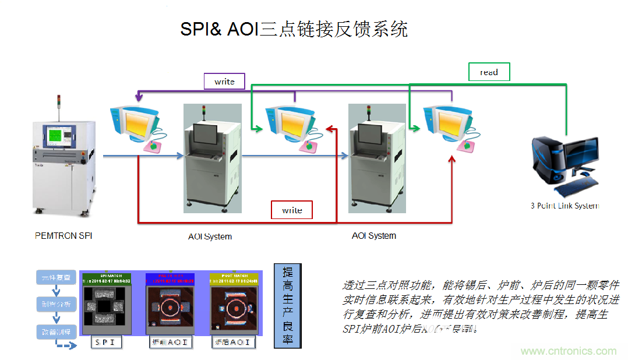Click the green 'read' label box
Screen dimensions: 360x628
tap(489, 72)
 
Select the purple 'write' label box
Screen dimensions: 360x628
tap(224, 82)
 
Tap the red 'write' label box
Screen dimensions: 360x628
tap(292, 210)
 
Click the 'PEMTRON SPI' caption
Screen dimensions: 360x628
tap(63, 236)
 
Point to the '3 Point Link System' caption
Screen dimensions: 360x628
tap(564, 206)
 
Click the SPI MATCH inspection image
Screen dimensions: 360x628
tap(106, 303)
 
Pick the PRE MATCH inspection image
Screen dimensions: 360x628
tap(170, 303)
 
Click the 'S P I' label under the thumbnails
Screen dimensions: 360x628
tap(107, 343)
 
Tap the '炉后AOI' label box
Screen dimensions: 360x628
tap(233, 343)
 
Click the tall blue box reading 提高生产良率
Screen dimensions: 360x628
tap(287, 305)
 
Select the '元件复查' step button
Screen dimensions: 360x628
tap(56, 278)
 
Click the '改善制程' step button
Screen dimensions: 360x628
tap(56, 332)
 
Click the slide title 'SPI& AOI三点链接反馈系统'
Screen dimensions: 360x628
tap(294, 30)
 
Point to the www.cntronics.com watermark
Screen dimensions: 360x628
tap(568, 351)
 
